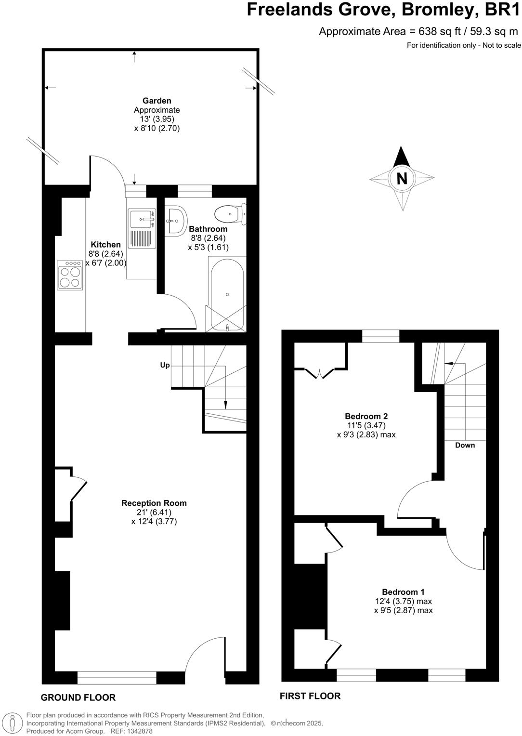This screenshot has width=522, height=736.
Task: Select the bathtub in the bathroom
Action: point(227,294)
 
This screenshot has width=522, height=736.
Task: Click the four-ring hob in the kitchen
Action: point(70,276)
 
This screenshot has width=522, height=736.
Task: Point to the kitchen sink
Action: point(142,220)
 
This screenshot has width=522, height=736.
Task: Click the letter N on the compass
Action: point(401,178)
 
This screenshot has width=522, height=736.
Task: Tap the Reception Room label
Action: point(154,503)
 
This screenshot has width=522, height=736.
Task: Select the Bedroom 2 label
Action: point(366,416)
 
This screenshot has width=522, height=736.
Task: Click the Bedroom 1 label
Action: point(403,592)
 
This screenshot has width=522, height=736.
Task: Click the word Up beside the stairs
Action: point(165,365)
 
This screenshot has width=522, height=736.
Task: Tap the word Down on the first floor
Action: point(465,445)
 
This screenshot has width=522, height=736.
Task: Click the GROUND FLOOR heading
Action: point(78,697)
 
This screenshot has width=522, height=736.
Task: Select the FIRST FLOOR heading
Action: point(310,696)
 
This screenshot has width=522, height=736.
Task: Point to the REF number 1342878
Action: point(138,731)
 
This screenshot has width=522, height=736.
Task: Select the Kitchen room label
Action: point(105,245)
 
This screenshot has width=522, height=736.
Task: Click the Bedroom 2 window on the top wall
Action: point(380,336)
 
